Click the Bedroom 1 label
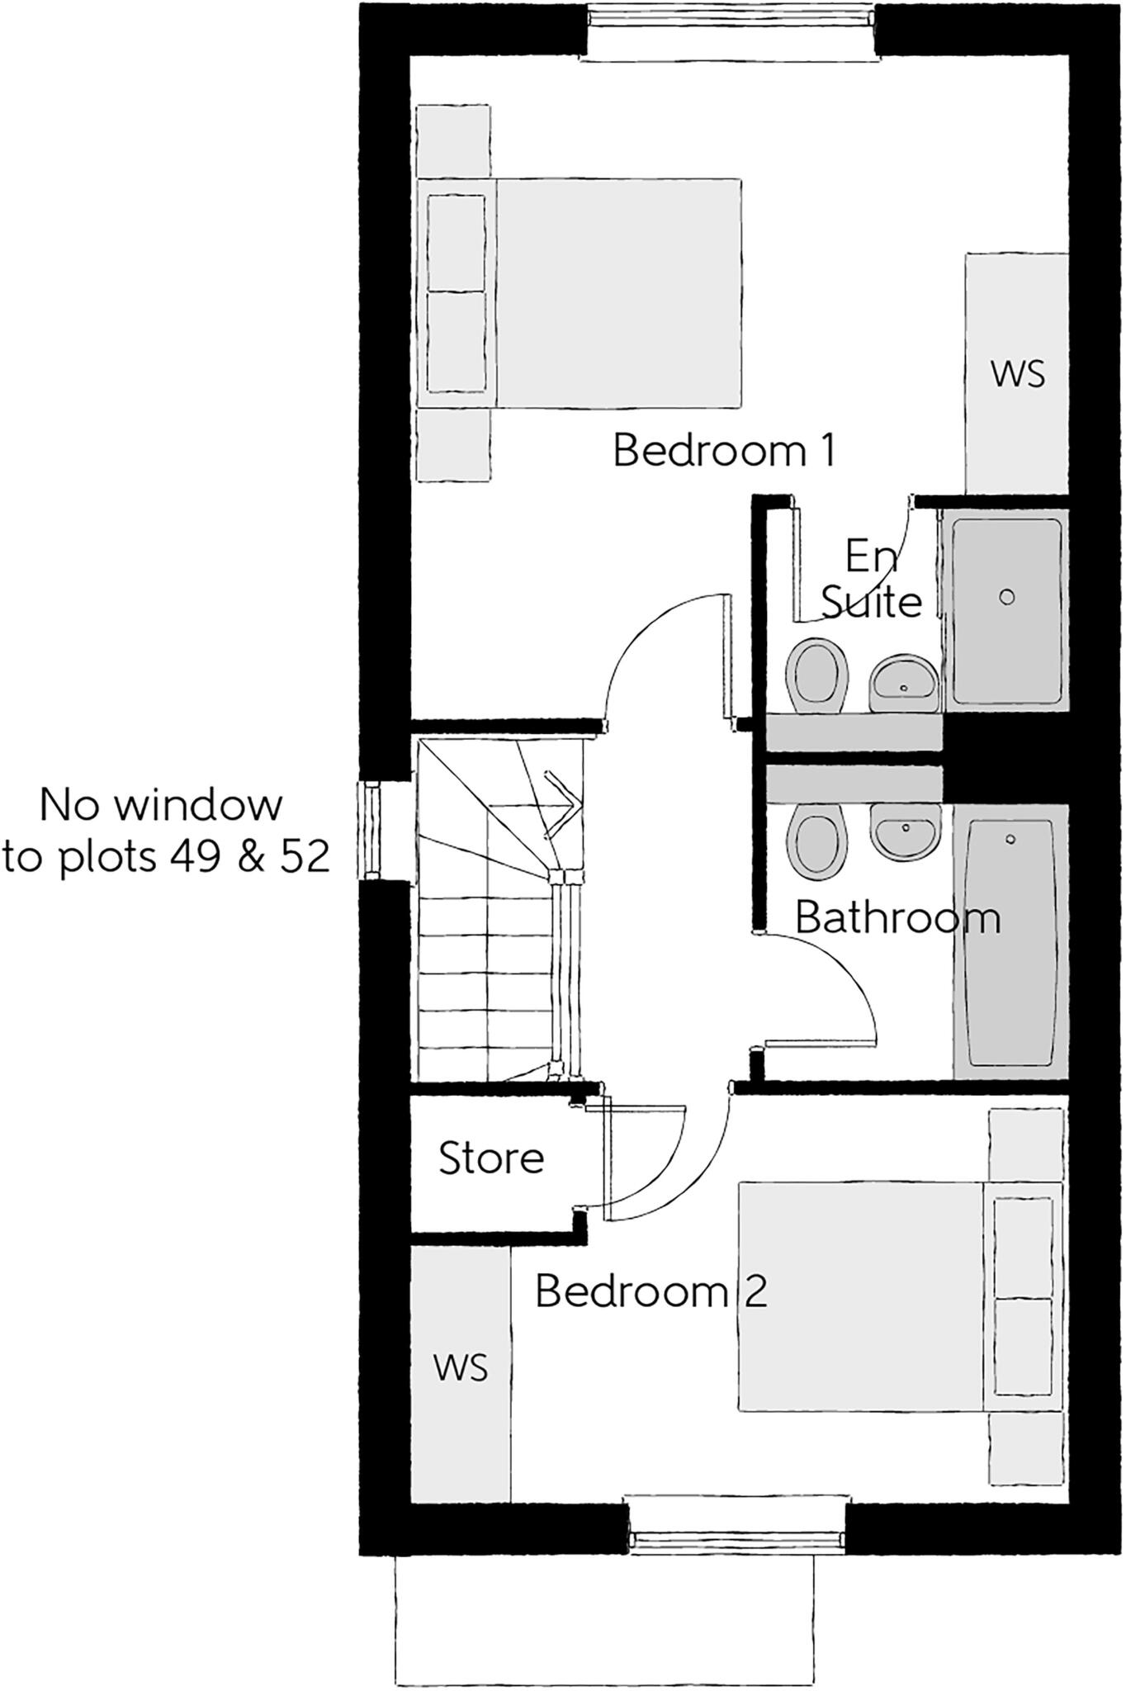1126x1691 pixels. (724, 452)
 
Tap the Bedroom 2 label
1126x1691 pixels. (651, 1291)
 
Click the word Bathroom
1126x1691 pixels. (897, 918)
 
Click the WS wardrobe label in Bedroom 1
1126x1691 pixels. (1018, 374)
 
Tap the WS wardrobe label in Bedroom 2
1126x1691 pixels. (461, 1368)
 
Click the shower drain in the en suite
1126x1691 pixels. (1006, 597)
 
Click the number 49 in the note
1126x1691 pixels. (196, 859)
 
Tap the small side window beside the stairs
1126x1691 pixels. (371, 831)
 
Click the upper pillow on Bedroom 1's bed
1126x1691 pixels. (455, 243)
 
